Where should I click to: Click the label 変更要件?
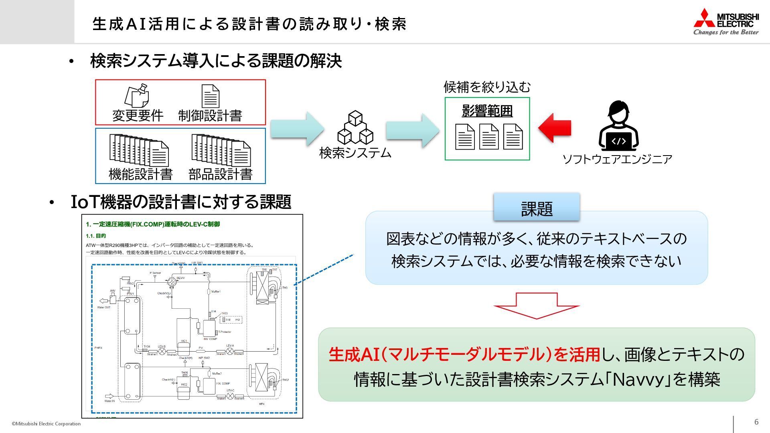tap(138, 116)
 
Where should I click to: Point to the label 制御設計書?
tap(210, 116)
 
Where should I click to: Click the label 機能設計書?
tap(140, 174)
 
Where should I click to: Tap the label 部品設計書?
tap(221, 174)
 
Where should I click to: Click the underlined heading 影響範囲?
tap(487, 111)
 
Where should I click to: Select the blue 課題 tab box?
tap(537, 208)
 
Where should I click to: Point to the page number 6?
tap(756, 422)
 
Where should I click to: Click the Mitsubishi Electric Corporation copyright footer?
tap(46, 424)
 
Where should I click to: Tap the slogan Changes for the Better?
tap(726, 32)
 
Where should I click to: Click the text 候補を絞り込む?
tap(487, 87)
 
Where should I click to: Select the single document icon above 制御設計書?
tap(210, 96)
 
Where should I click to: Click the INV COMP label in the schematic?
tap(210, 339)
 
